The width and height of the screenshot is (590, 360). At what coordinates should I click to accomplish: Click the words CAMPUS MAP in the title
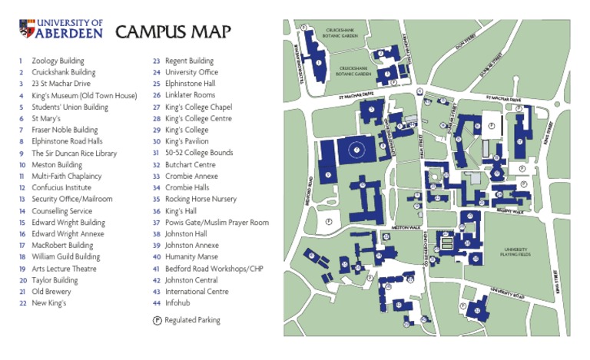click(173, 31)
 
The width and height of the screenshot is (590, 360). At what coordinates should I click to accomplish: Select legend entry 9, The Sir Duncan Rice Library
click(74, 154)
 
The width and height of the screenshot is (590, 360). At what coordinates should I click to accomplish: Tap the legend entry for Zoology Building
click(58, 61)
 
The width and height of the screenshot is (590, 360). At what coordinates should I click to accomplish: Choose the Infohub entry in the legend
click(177, 303)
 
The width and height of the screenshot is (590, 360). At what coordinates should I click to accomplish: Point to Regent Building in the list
click(189, 61)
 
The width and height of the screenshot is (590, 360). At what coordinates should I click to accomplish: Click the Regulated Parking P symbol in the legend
click(157, 320)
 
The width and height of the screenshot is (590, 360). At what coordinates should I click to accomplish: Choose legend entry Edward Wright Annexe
click(68, 234)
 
